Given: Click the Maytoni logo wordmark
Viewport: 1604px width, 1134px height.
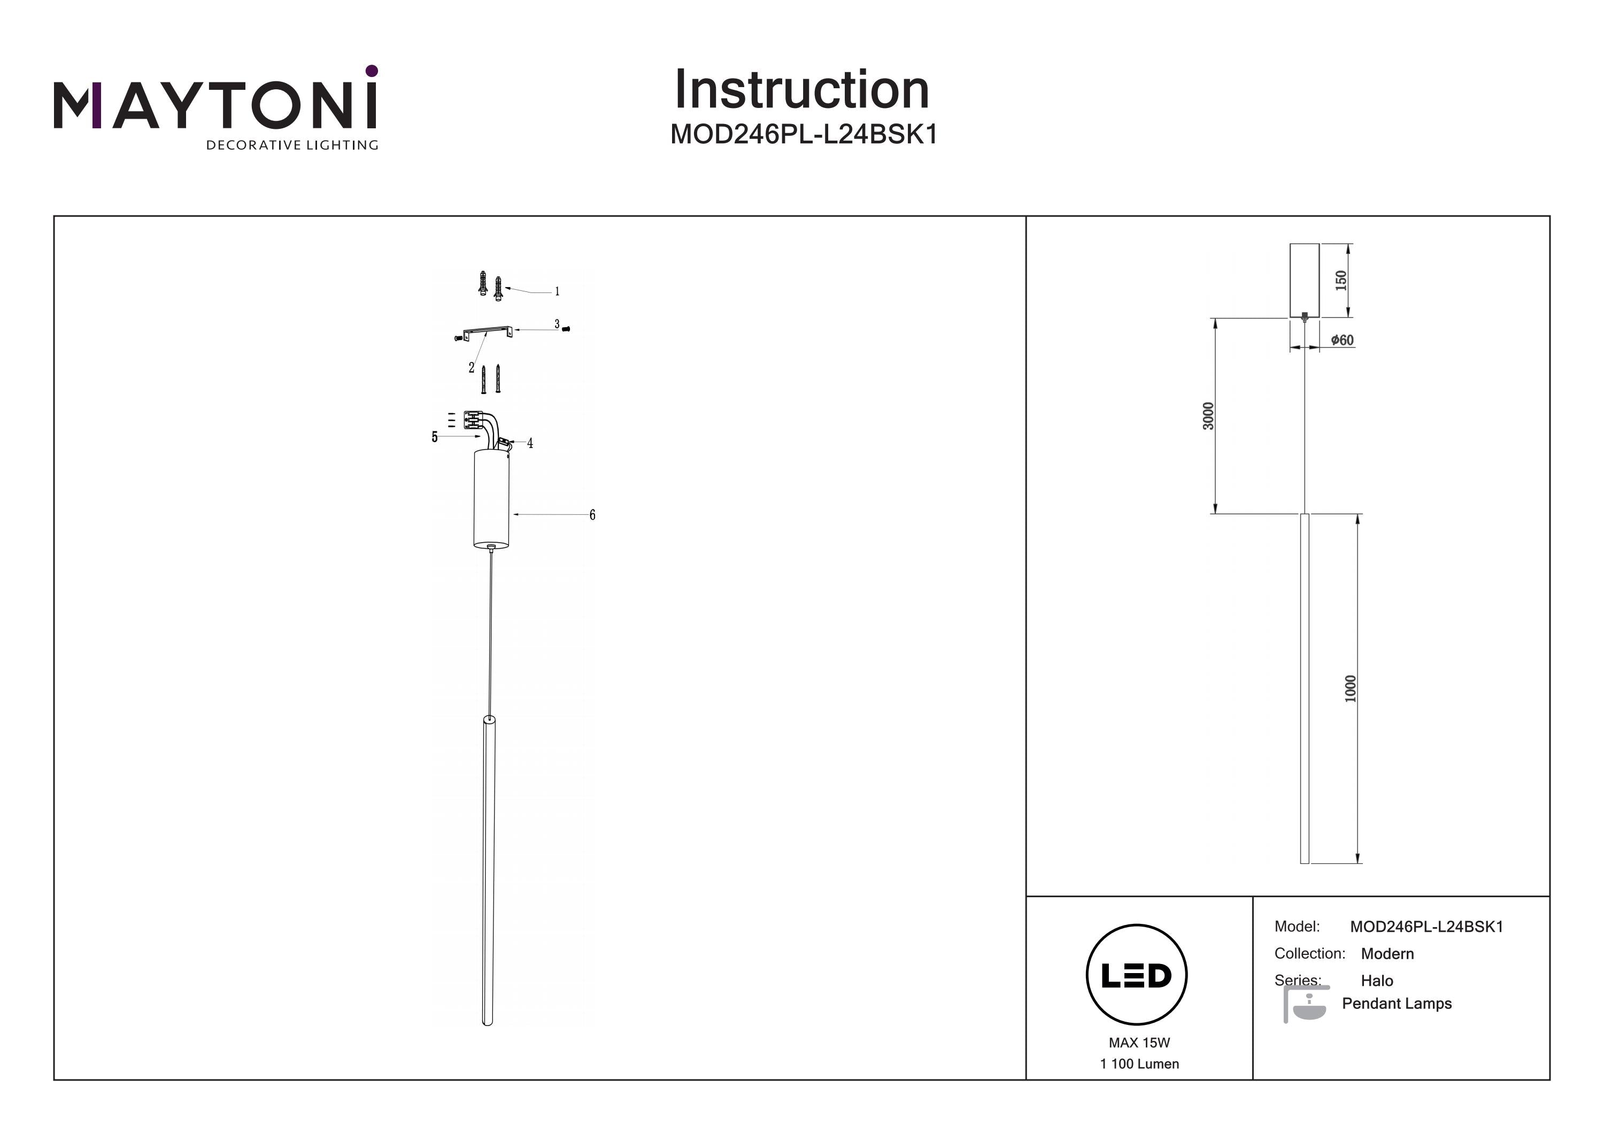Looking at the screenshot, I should click(x=215, y=105).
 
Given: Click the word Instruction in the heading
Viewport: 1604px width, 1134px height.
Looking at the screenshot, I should click(x=801, y=90).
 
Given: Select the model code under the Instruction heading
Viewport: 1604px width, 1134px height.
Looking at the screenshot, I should click(x=804, y=134).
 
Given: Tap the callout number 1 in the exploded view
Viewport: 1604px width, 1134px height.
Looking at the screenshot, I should click(x=557, y=291).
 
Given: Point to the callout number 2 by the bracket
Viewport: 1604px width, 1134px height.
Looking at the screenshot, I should click(x=472, y=367).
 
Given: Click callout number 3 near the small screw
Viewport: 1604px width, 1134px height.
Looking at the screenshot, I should click(x=557, y=324).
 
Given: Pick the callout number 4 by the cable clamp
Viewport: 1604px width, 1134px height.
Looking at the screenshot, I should click(x=530, y=443).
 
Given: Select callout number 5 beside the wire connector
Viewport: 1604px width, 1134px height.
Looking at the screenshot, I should click(x=435, y=437).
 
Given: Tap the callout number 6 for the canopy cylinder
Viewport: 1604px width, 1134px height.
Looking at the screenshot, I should click(x=592, y=515).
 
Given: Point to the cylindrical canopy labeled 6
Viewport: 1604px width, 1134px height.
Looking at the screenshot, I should click(x=491, y=499).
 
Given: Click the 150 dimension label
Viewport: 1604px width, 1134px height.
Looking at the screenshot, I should click(x=1340, y=280).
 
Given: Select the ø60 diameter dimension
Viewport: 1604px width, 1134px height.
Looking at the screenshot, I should click(x=1341, y=340).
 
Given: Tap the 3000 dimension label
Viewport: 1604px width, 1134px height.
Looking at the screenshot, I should click(x=1208, y=416).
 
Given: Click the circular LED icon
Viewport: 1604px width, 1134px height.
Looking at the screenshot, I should click(x=1137, y=975).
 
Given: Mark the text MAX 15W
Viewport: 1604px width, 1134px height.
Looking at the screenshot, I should click(x=1139, y=1043).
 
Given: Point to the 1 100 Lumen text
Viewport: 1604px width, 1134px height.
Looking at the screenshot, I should click(x=1139, y=1063).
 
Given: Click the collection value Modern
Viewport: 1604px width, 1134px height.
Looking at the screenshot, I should click(x=1387, y=954).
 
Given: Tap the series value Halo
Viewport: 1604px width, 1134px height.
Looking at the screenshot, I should click(x=1377, y=980).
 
